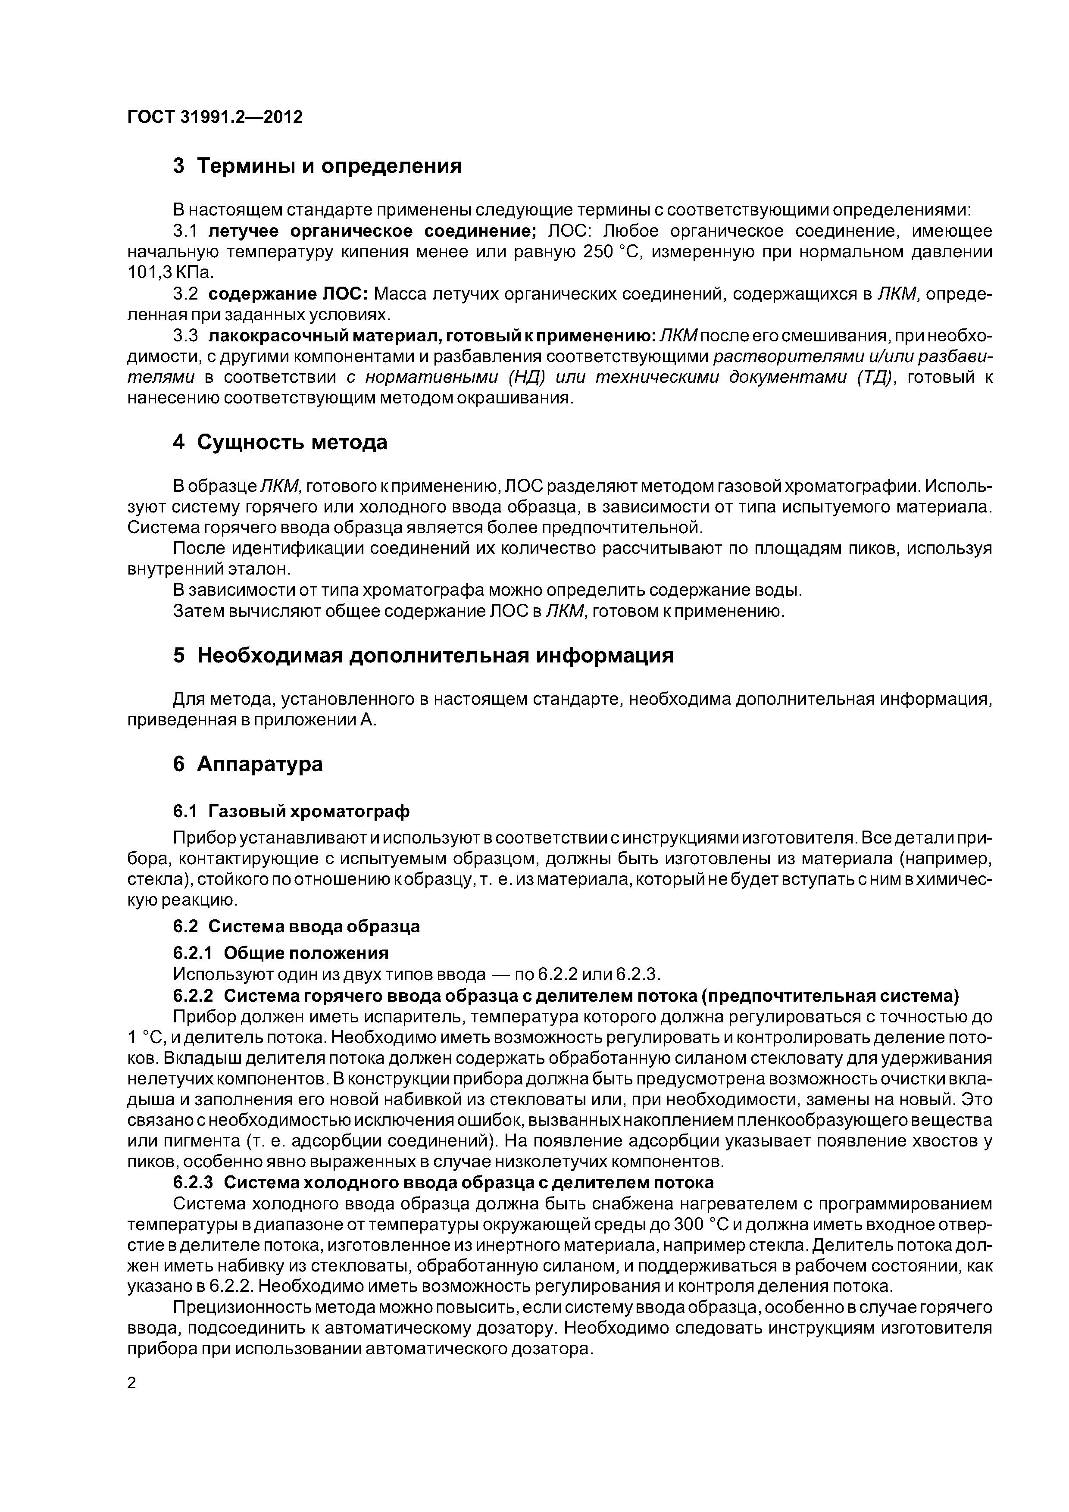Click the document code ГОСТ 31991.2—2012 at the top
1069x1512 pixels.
point(215,117)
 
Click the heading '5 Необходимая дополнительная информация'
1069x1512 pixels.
point(423,656)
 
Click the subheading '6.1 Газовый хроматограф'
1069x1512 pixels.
point(291,811)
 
